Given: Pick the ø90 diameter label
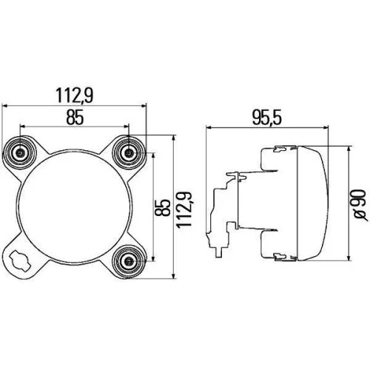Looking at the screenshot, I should tap(357, 201).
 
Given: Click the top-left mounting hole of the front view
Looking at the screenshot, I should tap(20, 153).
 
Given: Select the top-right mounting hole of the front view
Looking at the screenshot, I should tap(131, 153).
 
